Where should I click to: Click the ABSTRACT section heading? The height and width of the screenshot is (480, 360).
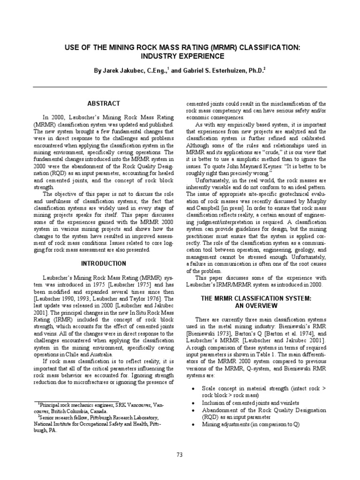(104, 103)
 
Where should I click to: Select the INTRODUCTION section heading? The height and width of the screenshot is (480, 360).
(104, 263)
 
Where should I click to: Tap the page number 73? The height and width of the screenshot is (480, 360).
(180, 454)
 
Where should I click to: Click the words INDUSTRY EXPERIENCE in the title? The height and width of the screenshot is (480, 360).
(180, 56)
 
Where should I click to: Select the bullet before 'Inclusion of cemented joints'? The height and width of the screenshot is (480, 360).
(194, 403)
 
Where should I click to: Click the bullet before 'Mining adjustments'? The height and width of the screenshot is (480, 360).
(194, 424)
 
